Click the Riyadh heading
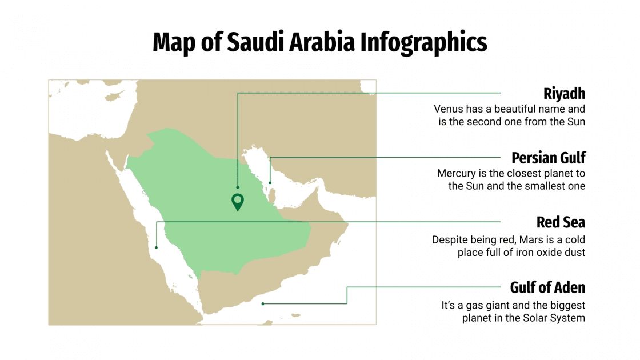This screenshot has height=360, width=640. [x=564, y=93]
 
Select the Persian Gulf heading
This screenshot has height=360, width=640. [x=548, y=158]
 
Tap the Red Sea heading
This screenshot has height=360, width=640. [x=561, y=222]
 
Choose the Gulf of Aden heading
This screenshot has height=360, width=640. [x=547, y=287]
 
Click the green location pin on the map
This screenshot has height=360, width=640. [x=237, y=201]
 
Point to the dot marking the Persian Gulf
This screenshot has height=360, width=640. [x=270, y=183]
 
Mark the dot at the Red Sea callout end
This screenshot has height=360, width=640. [x=156, y=247]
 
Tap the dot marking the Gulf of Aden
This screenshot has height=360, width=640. [x=263, y=304]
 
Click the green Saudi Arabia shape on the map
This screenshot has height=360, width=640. [x=229, y=234]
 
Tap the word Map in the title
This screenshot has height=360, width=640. [x=174, y=42]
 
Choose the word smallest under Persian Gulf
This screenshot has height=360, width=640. [x=546, y=186]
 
